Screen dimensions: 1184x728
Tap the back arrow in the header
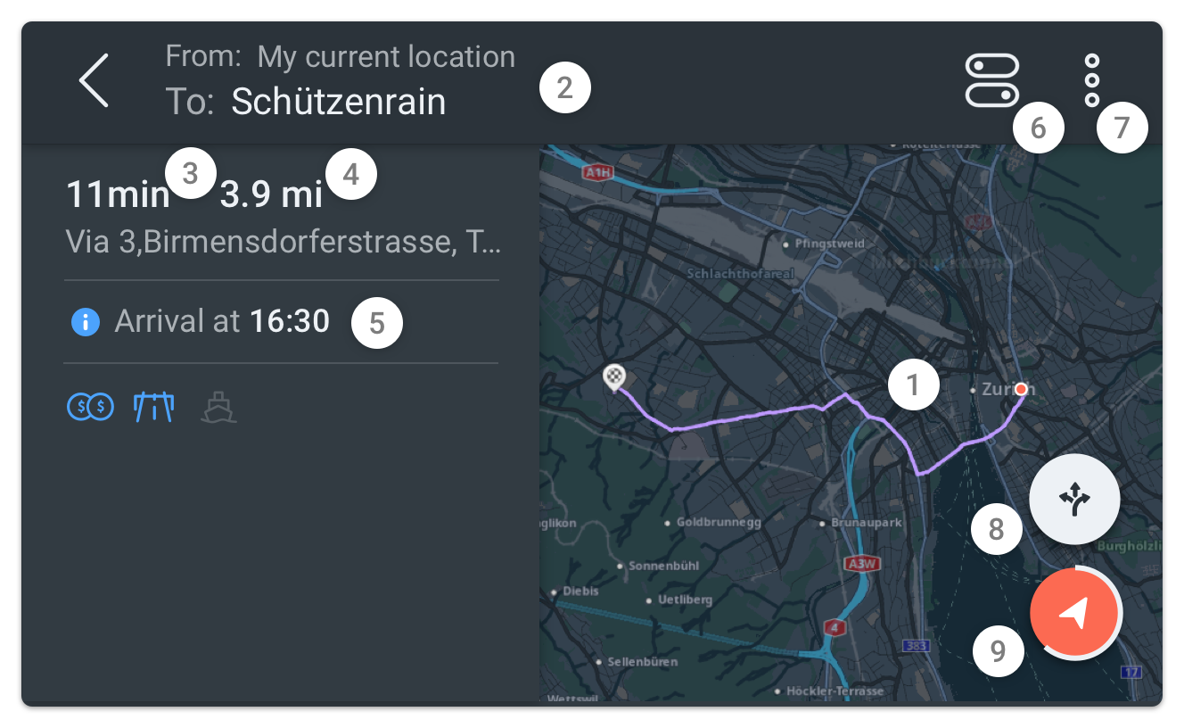pyautogui.click(x=94, y=80)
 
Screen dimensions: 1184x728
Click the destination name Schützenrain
pyautogui.click(x=338, y=102)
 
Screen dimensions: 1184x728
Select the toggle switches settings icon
pyautogui.click(x=991, y=80)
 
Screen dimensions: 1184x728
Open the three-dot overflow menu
pyautogui.click(x=1092, y=80)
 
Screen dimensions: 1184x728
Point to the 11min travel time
pyautogui.click(x=118, y=194)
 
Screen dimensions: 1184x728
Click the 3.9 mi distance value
pyautogui.click(x=271, y=194)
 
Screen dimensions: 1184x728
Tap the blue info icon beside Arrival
pyautogui.click(x=85, y=321)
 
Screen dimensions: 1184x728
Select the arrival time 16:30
pyautogui.click(x=290, y=321)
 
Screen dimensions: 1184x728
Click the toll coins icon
pyautogui.click(x=90, y=408)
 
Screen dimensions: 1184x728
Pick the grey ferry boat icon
pyautogui.click(x=218, y=408)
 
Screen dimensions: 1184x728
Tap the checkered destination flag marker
pyautogui.click(x=614, y=377)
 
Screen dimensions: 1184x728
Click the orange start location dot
pyautogui.click(x=1022, y=388)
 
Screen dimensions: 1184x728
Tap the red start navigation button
pyautogui.click(x=1074, y=613)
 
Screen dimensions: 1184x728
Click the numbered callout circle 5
pyautogui.click(x=377, y=323)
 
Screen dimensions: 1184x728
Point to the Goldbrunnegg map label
pyautogui.click(x=719, y=522)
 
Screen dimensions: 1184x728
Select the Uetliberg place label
pyautogui.click(x=685, y=600)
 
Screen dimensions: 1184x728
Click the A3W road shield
pyautogui.click(x=862, y=564)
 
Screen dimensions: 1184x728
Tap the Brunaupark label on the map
pyautogui.click(x=866, y=522)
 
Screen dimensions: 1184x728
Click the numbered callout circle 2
pyautogui.click(x=564, y=88)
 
